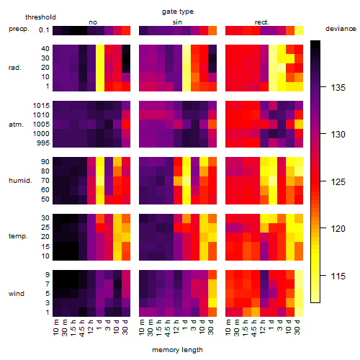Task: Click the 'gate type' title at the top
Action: [178, 12]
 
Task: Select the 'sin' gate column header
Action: [177, 22]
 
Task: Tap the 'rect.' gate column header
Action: [262, 22]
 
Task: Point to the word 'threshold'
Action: [40, 17]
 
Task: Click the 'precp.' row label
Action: [19, 29]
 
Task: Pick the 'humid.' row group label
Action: [20, 180]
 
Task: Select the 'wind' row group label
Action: [17, 293]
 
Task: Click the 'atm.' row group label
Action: [16, 125]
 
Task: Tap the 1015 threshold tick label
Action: [41, 105]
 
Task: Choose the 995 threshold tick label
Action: [43, 143]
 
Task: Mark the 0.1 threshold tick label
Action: [44, 30]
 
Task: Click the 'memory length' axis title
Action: [177, 350]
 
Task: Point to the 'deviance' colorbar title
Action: [341, 29]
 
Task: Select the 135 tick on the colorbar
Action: [338, 88]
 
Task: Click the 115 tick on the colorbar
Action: [338, 276]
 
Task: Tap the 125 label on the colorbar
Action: [338, 181]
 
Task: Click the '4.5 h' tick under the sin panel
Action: [168, 328]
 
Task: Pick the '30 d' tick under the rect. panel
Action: [297, 327]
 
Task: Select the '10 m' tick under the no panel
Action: [55, 327]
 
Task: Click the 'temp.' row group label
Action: [18, 236]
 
